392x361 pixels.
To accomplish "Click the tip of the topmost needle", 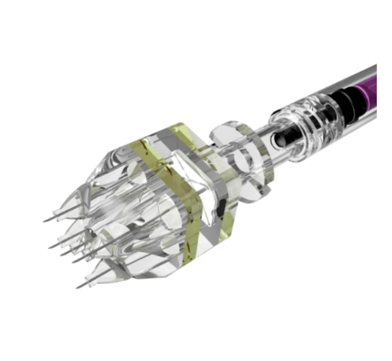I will (x=44, y=221).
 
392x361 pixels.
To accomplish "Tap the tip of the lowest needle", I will (x=77, y=287).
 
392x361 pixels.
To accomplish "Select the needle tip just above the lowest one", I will (x=73, y=260).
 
